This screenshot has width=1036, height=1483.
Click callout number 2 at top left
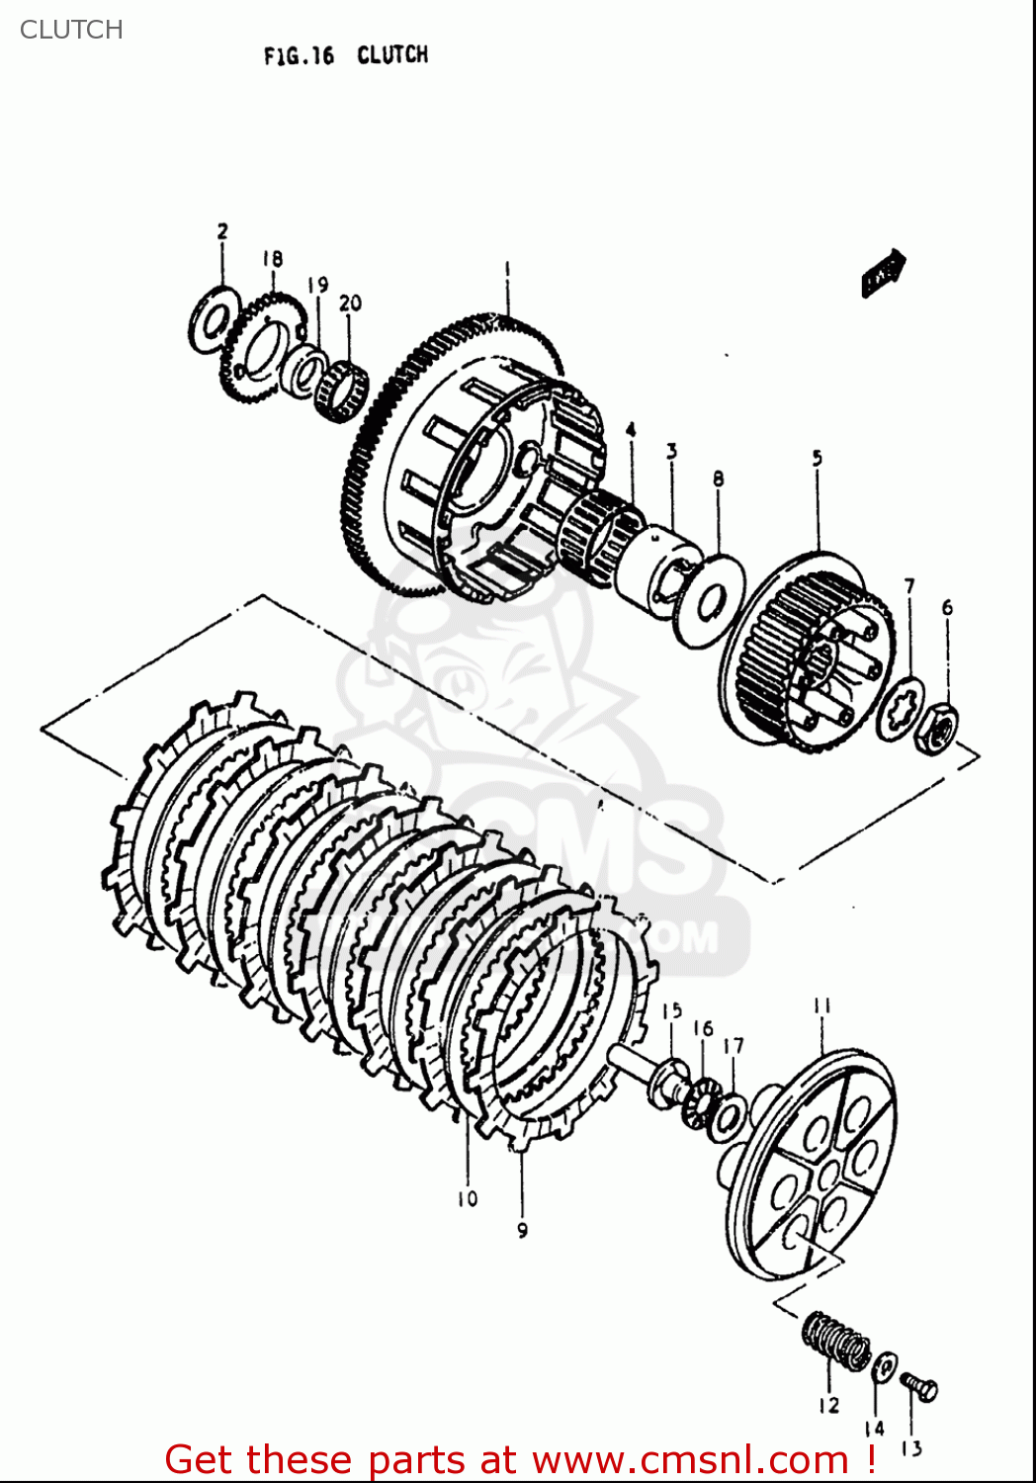point(222,231)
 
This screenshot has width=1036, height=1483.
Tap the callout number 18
point(273,259)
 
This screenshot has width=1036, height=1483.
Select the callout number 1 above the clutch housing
point(507,269)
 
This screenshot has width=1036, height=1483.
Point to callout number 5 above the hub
point(818,459)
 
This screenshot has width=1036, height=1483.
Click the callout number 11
point(822,1006)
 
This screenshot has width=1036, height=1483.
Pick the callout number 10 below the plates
point(467,1198)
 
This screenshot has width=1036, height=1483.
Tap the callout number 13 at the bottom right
point(911,1449)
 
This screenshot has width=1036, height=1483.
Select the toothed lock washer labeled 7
point(902,709)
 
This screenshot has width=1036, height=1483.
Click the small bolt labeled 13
point(920,1388)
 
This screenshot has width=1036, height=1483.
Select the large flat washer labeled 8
point(709,600)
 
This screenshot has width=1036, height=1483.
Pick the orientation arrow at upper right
point(883,272)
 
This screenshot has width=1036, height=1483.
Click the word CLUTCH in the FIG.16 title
point(392,55)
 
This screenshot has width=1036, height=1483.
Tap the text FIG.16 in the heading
point(299,56)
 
